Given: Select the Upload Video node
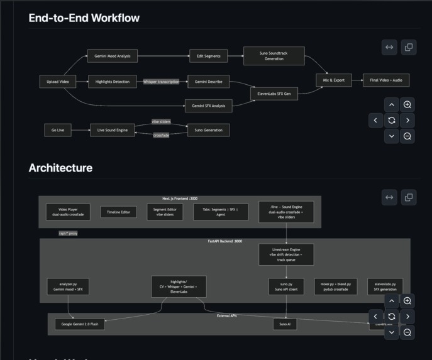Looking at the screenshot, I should (58, 82).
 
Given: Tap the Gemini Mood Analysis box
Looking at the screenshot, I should (112, 56).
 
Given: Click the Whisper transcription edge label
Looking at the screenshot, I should (161, 82).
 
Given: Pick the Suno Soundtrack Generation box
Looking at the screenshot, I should (274, 56).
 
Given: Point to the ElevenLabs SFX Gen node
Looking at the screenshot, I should (274, 94).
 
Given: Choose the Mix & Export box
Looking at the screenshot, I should (333, 80).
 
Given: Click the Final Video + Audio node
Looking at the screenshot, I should (386, 80).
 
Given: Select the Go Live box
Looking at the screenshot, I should (58, 130).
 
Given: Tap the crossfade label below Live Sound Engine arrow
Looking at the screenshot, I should (161, 136).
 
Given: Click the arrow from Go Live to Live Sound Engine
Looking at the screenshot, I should (80, 130).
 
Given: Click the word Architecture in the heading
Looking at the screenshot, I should (60, 168).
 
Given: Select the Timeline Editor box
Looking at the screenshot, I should (118, 212).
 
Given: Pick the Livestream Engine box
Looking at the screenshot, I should (286, 254).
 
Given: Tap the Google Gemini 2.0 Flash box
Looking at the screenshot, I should (80, 324).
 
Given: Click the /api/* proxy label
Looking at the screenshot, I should (68, 233).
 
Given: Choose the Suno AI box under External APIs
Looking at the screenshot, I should (284, 324).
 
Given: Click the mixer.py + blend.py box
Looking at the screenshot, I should (336, 286).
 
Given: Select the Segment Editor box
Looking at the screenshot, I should (164, 212).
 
